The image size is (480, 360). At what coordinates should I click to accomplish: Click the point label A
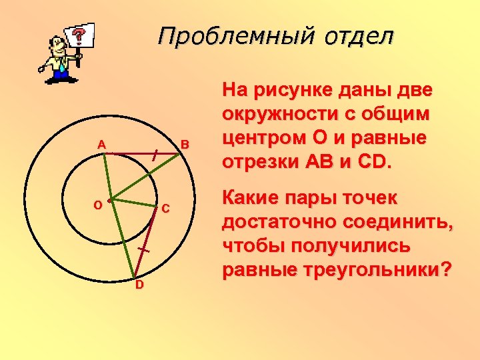point(101,145)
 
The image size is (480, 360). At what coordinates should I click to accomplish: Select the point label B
point(185,145)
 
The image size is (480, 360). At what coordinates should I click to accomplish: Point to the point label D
point(139,285)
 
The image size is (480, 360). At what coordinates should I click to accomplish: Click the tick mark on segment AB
point(155,155)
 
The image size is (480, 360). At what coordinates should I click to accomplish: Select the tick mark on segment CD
point(143,249)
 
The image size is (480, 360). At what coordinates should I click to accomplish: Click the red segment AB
point(133,153)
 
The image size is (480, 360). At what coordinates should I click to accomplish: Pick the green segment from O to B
point(144,176)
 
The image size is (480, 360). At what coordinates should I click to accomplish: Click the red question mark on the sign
point(79,34)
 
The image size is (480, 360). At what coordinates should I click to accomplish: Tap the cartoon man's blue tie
point(61,63)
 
